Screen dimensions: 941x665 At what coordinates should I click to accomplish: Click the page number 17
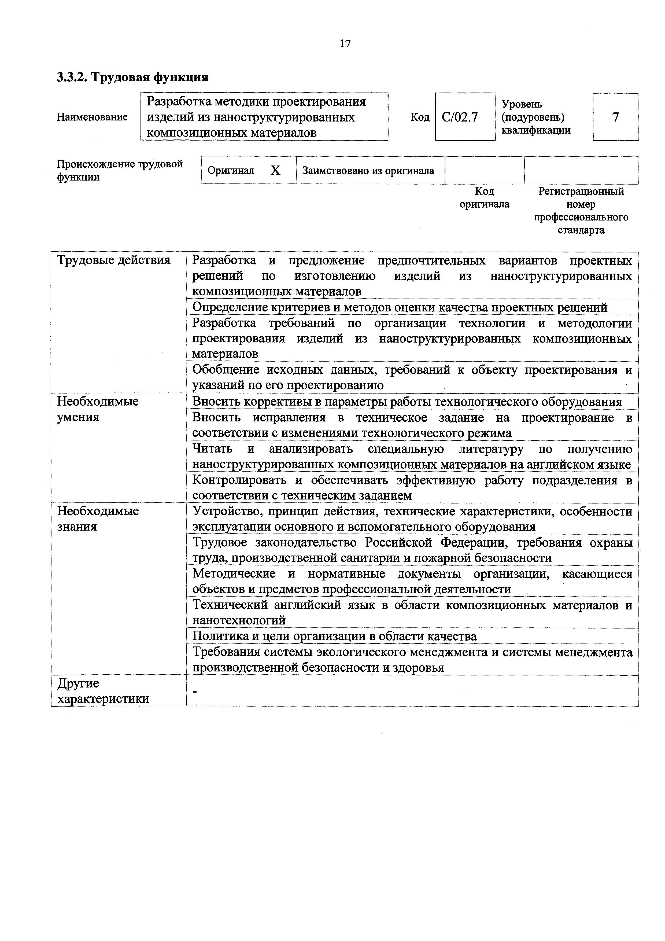(345, 43)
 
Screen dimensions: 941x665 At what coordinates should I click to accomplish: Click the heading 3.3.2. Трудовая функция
(133, 77)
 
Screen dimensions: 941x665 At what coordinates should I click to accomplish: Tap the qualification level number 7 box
(615, 117)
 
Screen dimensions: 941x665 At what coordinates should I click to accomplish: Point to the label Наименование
(92, 117)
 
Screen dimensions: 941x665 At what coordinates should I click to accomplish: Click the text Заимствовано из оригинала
(368, 171)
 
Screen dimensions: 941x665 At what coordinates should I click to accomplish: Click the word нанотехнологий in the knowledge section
(239, 620)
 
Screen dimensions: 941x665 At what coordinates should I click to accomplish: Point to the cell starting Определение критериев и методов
(400, 307)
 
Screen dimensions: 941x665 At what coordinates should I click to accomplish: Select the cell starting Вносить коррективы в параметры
(407, 402)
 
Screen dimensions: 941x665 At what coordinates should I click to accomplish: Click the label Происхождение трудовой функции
(120, 171)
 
